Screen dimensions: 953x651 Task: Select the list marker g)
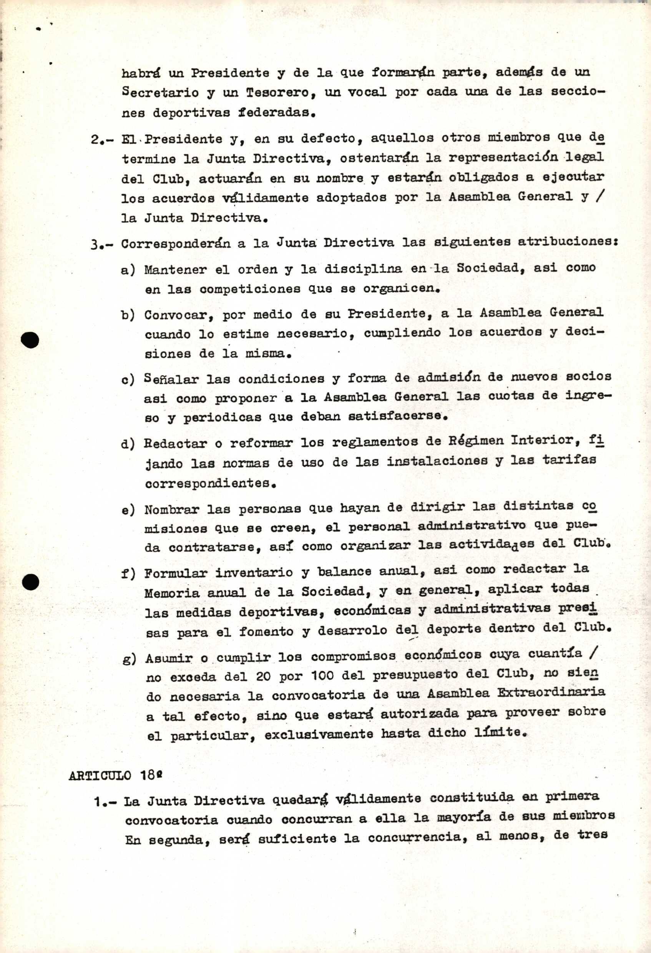pyautogui.click(x=129, y=659)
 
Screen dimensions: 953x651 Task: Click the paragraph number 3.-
pyautogui.click(x=101, y=245)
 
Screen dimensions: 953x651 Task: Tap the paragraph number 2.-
pyautogui.click(x=101, y=139)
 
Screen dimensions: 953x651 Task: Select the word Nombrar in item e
pyautogui.click(x=171, y=510)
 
